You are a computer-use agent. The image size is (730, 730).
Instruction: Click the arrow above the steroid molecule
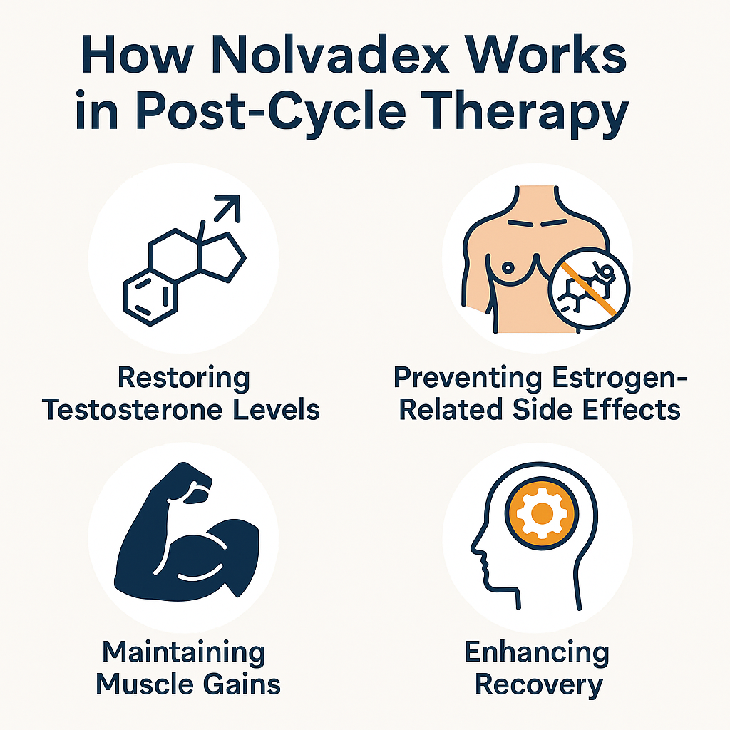pos(227,208)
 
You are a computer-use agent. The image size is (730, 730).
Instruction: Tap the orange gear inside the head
pos(543,514)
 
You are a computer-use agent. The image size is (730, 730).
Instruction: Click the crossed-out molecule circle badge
pos(588,289)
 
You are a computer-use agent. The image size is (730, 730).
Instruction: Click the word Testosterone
pos(133,410)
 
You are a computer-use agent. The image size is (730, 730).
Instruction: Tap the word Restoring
pos(184,378)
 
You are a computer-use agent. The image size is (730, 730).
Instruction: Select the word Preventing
pos(468,378)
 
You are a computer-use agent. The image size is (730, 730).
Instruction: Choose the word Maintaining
pos(184,653)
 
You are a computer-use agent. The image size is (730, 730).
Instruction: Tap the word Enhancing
pos(537,653)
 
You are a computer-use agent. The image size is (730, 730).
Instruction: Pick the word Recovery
pos(539,685)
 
